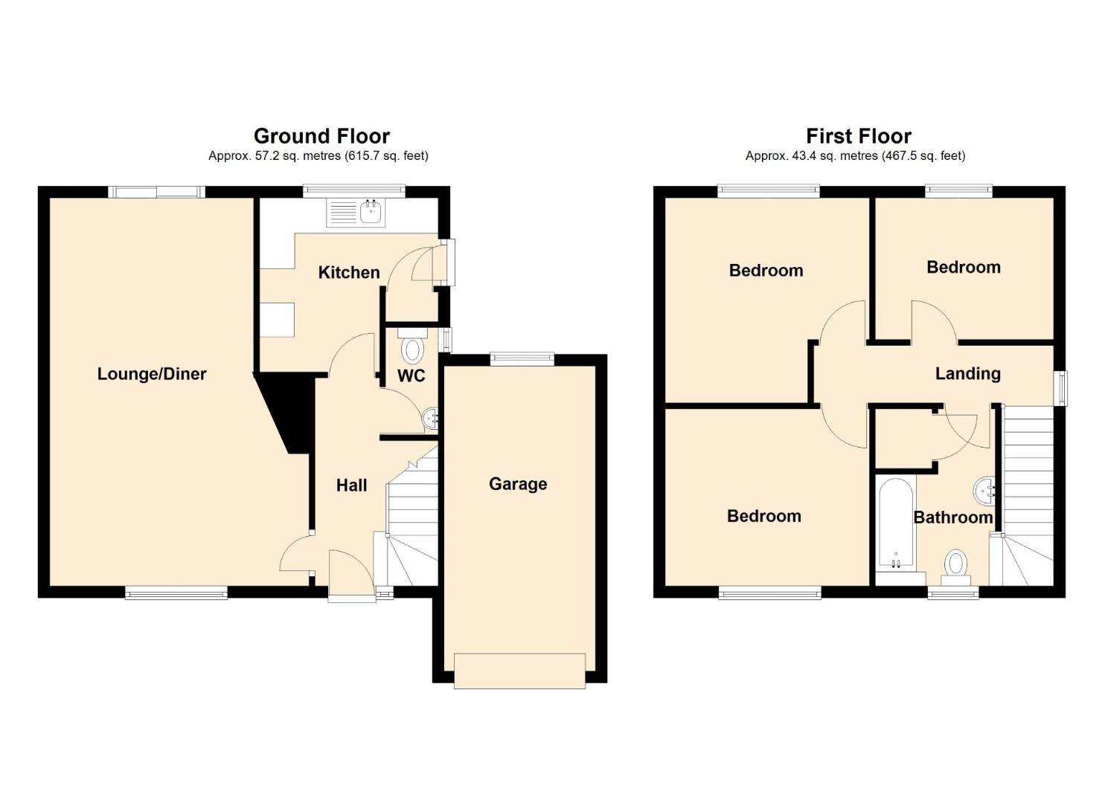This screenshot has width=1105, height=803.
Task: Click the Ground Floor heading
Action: point(321,135)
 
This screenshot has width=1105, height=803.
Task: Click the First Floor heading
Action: point(859,135)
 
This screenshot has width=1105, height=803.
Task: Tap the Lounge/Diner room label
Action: point(152,374)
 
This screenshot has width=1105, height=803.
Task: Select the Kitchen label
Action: point(349,272)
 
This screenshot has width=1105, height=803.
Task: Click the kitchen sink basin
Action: point(370,213)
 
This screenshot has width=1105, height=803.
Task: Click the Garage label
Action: point(518,484)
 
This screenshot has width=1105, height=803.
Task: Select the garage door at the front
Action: point(519,671)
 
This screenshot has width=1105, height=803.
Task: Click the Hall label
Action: point(352,486)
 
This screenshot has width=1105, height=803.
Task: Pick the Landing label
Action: point(968,374)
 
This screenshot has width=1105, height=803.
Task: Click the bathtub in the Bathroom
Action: point(895,526)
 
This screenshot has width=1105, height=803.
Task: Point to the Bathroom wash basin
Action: point(984,491)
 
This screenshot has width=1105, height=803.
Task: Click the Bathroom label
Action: point(953,517)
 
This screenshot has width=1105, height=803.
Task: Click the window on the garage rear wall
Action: point(522,359)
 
